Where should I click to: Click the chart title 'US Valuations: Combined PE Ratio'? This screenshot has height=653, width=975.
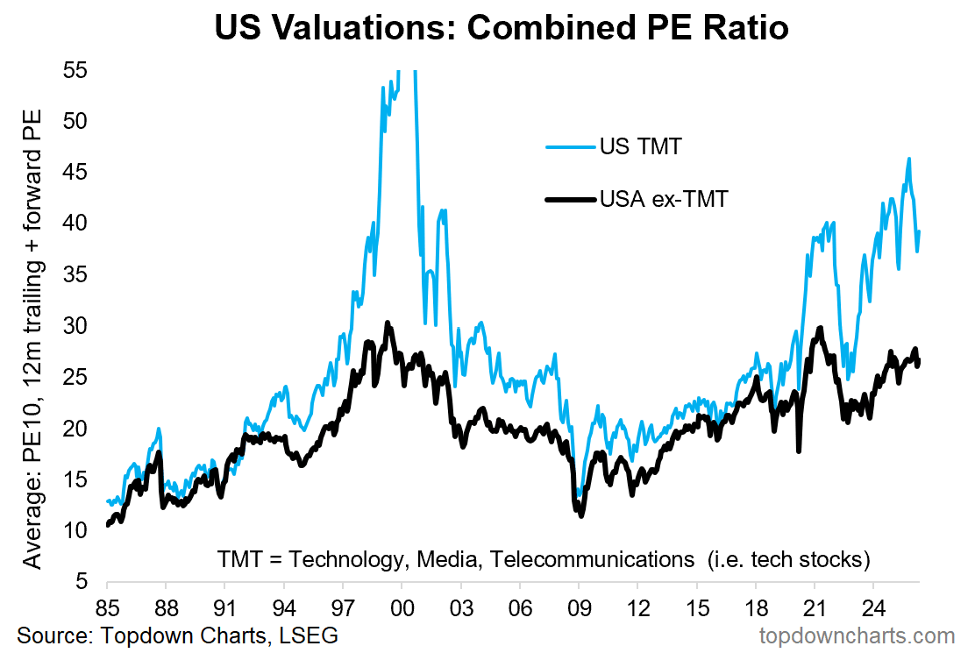pos(501,28)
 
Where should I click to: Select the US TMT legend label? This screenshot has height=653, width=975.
pos(641,146)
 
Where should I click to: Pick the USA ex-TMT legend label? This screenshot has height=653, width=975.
pos(665,200)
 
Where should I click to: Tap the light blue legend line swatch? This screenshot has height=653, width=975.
pos(569,146)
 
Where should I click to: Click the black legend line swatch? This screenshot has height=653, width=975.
pos(569,200)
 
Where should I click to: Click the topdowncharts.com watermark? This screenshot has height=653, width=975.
pos(858,635)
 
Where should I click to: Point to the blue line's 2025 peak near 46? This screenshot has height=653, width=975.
pos(909,159)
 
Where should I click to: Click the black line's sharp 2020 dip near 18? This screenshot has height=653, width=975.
pos(799,451)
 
